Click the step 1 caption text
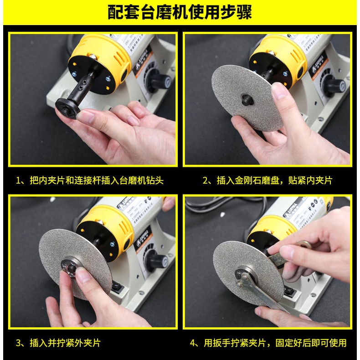pos(89,180)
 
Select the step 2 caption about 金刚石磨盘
pos(267,180)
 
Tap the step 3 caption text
pos(58,343)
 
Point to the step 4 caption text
pos(268,343)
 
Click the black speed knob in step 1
pos(161,81)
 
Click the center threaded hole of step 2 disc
pos(247,99)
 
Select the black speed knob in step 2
pos(336,84)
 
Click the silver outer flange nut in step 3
pos(71,267)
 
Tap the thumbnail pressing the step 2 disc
pos(278,91)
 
